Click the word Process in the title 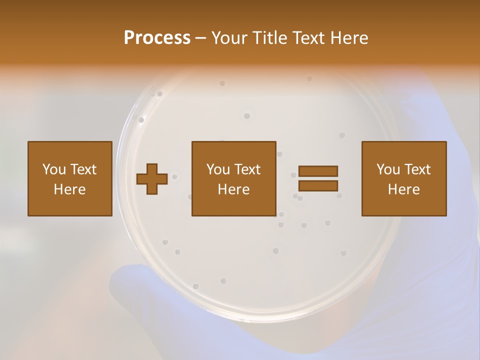157,37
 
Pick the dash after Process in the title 200,38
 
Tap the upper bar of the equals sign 318,171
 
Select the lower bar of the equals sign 318,185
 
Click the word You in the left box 54,169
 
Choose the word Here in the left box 69,189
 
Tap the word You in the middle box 218,169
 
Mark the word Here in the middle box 233,189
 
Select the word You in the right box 388,169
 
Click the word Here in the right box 403,189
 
